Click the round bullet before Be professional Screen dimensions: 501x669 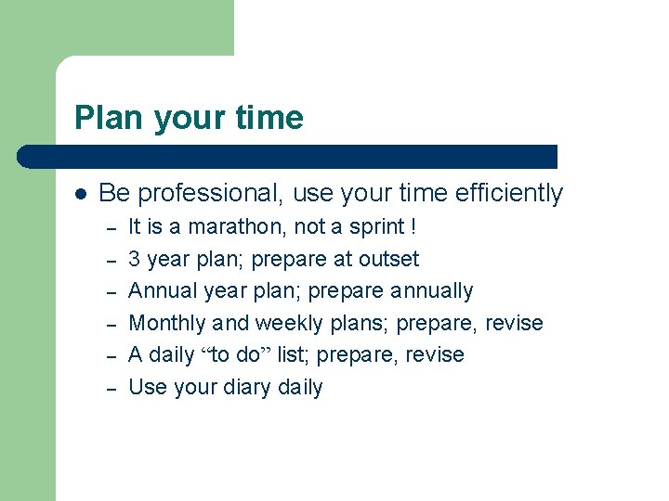81,194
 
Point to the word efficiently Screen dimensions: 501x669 509,193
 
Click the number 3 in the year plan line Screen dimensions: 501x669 134,259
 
